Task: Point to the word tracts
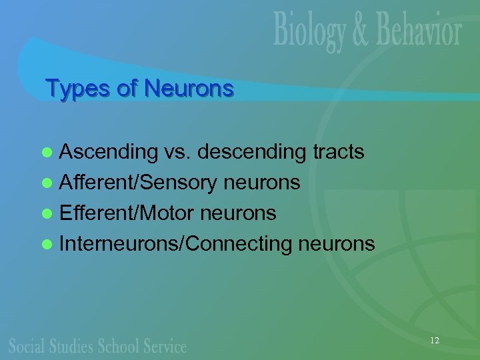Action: pyautogui.click(x=338, y=153)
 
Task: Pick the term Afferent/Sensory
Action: pyautogui.click(x=137, y=183)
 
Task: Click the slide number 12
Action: pyautogui.click(x=434, y=341)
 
